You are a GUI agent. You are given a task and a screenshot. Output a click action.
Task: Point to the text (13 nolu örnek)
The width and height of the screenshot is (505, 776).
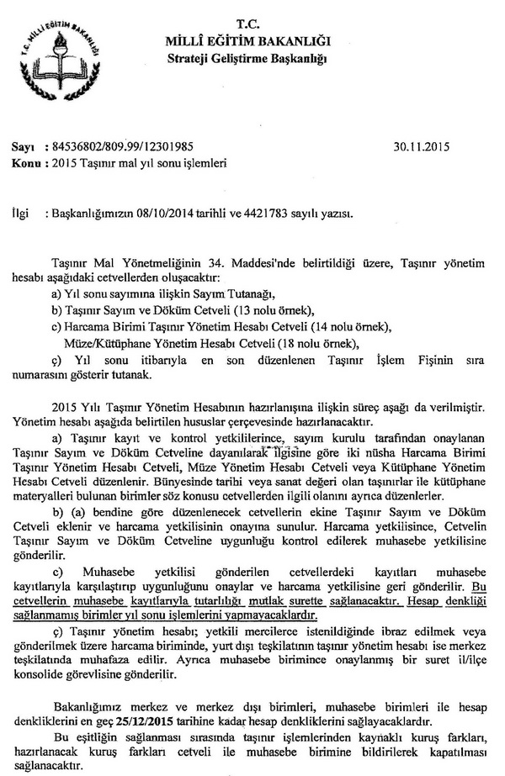(x=269, y=310)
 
